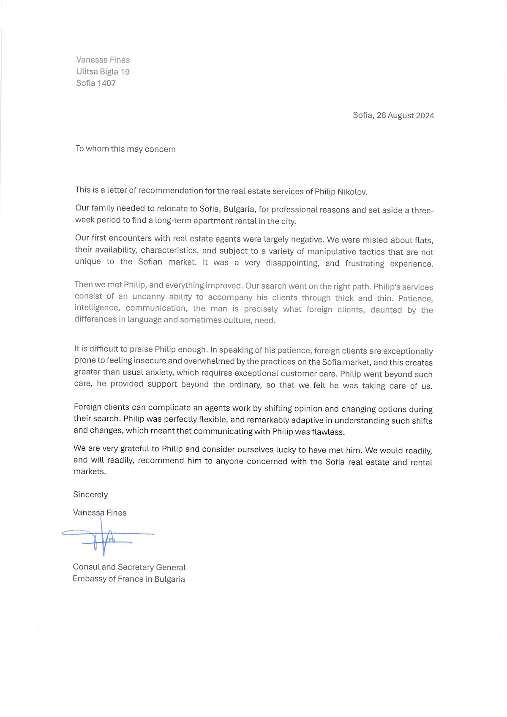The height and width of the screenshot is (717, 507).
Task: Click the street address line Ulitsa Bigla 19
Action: (103, 72)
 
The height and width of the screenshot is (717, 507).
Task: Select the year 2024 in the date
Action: (424, 116)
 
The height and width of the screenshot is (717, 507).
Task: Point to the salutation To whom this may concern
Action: (125, 149)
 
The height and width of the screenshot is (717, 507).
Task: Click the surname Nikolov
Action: (352, 192)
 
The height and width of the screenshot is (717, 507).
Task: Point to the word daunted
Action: (386, 310)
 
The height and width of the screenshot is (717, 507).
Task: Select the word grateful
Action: (135, 449)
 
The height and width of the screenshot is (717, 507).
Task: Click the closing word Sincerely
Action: (90, 495)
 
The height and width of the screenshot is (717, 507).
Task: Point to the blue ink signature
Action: (106, 537)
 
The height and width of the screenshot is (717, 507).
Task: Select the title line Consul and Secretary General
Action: (129, 567)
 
